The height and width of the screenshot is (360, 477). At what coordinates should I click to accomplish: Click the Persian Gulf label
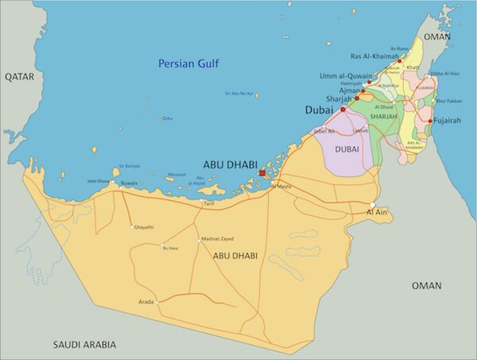click(x=189, y=64)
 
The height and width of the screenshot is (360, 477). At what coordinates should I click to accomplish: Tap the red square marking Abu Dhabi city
click(x=262, y=172)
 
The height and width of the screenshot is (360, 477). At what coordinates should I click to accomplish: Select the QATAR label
click(x=21, y=76)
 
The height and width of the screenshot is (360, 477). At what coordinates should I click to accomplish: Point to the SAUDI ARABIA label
click(x=84, y=344)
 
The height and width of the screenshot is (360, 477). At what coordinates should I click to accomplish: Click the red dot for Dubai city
click(x=343, y=110)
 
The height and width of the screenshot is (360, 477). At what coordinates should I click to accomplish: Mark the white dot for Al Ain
click(x=372, y=204)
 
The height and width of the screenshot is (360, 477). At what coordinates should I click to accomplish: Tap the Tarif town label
click(x=209, y=203)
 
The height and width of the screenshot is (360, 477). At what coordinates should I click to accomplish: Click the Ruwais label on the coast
click(x=128, y=183)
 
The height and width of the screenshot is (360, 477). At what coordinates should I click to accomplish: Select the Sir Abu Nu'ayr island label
click(x=238, y=94)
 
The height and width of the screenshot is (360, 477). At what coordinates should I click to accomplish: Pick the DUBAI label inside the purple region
click(x=348, y=149)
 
